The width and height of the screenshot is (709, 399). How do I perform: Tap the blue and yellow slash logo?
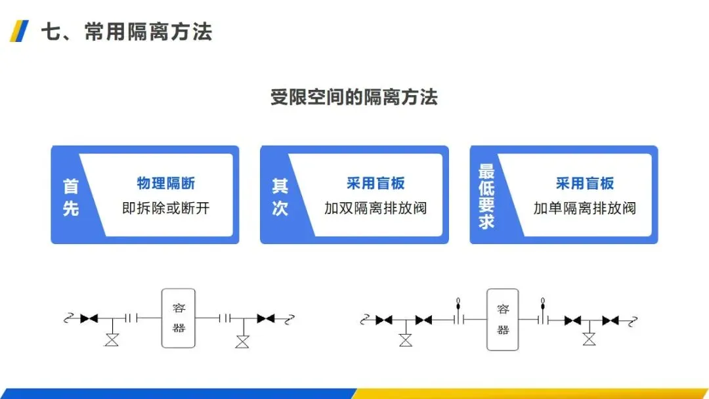pos(20,31)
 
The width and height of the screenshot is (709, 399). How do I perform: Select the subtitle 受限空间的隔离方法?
pos(354,98)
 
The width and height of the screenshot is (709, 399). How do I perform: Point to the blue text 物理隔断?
pos(165,183)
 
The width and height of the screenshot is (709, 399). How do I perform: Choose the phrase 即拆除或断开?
pos(165,209)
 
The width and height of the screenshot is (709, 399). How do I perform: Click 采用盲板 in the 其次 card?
pos(376,183)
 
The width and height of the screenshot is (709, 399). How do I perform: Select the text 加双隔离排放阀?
pos(376,209)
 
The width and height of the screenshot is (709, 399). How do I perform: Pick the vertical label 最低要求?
pos(486,196)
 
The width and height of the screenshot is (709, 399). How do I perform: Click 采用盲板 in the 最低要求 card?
pos(585,183)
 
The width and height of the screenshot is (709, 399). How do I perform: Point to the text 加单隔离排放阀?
pos(585,209)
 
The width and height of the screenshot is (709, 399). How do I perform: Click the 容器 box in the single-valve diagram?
pos(179,318)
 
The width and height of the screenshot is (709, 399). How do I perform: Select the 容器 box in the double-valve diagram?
pos(503,320)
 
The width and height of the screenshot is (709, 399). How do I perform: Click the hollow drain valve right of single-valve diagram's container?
pos(243,341)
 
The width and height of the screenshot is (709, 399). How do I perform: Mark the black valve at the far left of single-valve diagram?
pos(89,318)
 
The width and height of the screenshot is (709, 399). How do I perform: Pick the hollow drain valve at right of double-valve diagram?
pos(589,339)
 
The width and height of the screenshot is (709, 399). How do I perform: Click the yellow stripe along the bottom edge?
pos(532,394)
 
